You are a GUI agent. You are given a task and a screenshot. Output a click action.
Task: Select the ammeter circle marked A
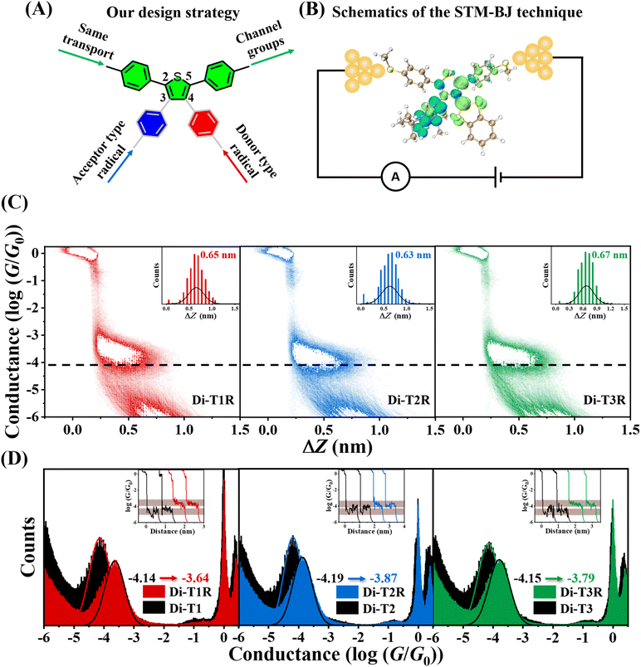(x=397, y=177)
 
